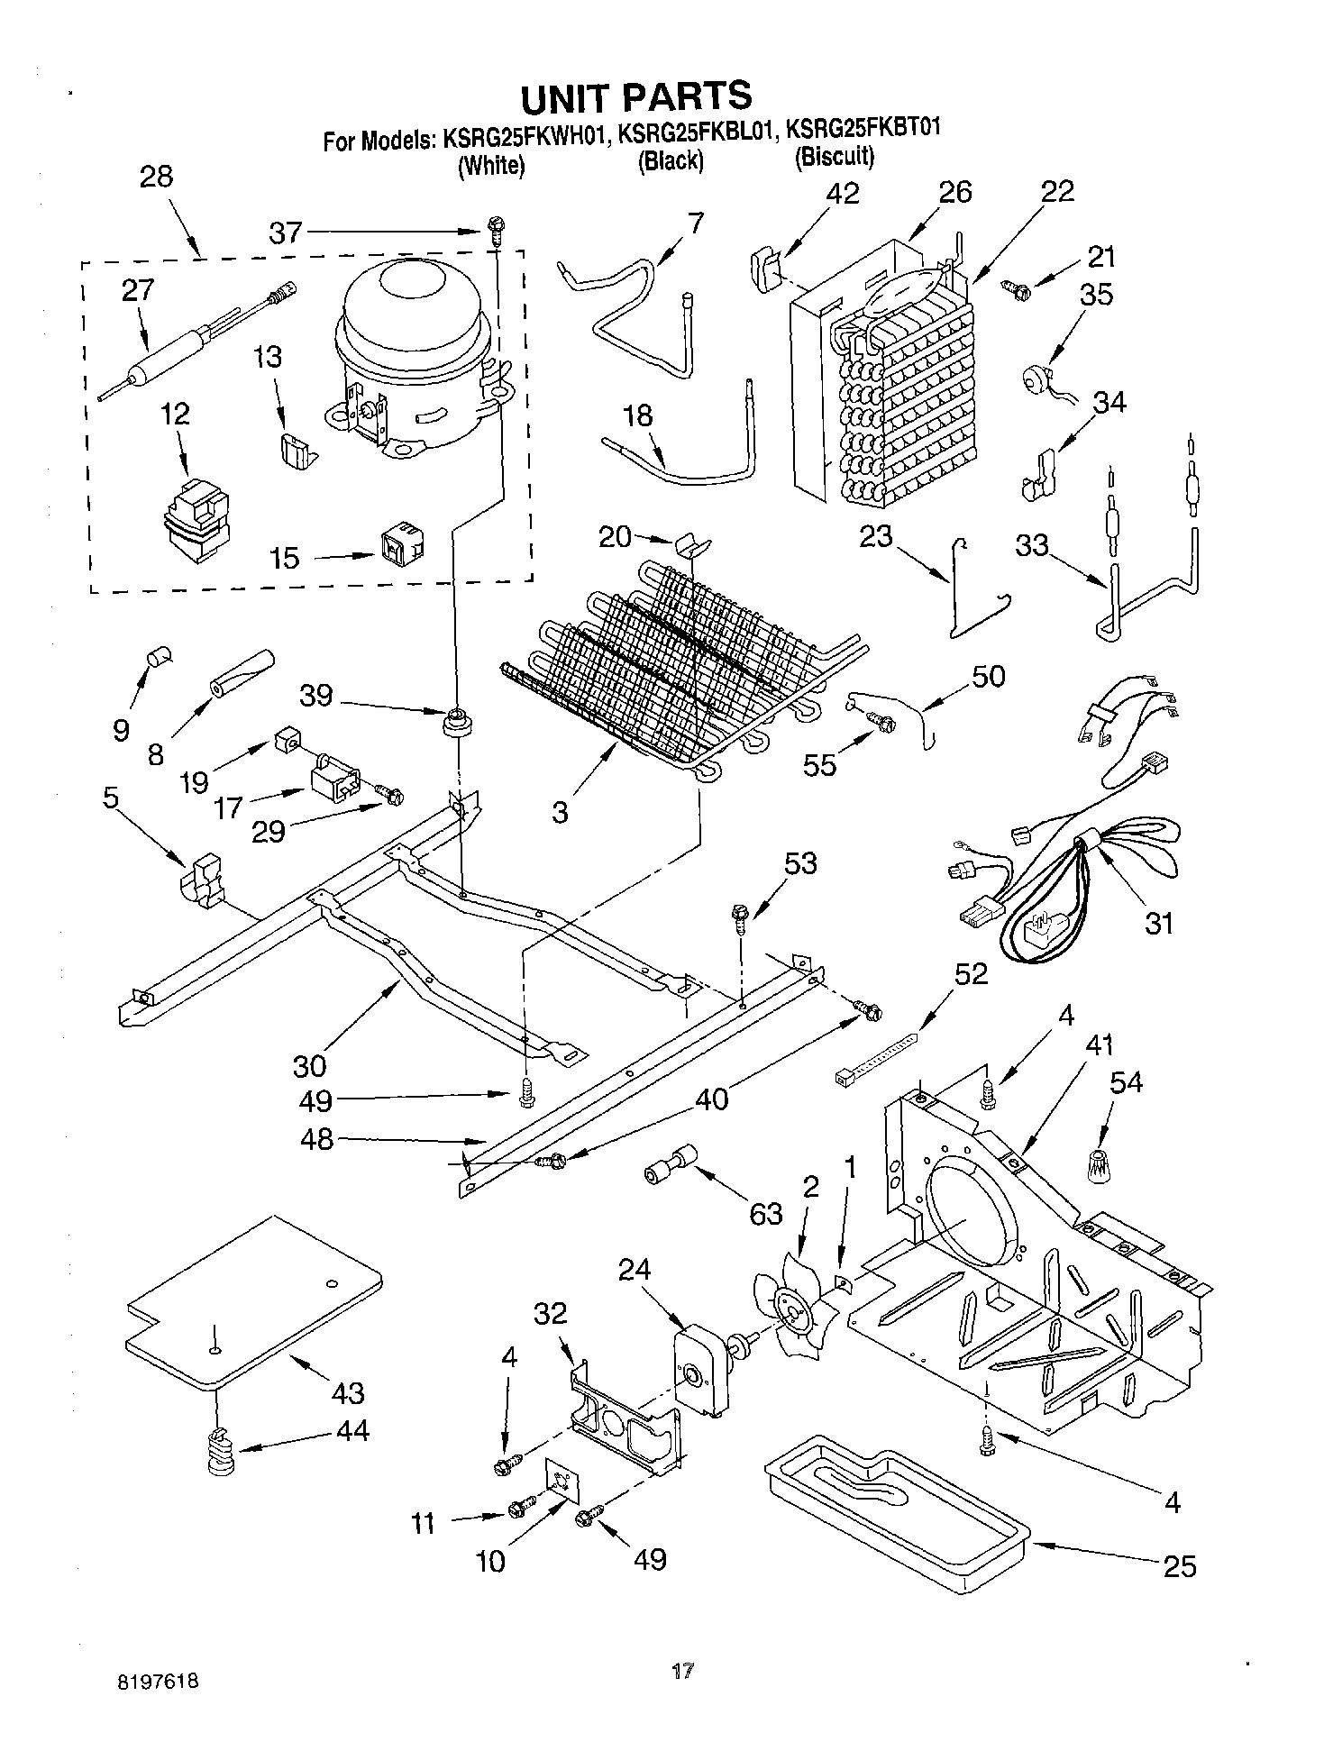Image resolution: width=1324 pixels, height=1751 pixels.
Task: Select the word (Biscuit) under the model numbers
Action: pyautogui.click(x=834, y=159)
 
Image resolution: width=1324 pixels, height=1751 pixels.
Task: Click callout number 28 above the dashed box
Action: pyautogui.click(x=157, y=176)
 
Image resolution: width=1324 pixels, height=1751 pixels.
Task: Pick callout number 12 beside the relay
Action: pyautogui.click(x=176, y=415)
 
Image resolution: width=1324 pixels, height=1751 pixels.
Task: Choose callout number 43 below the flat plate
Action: pyautogui.click(x=347, y=1392)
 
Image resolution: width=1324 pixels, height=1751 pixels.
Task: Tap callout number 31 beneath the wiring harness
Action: pyautogui.click(x=1159, y=923)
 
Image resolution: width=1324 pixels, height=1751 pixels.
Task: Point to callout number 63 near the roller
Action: pyautogui.click(x=766, y=1214)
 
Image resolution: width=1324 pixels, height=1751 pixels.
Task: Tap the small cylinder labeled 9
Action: pyautogui.click(x=161, y=657)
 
